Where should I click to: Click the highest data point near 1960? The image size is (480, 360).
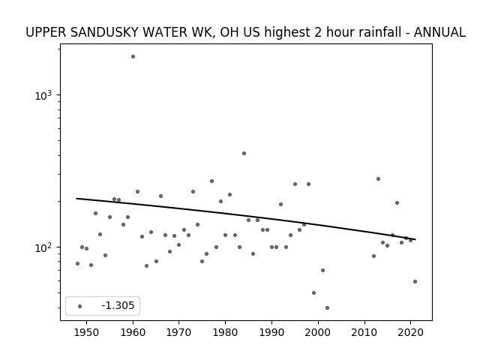[x=133, y=57]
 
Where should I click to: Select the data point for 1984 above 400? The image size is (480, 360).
[x=244, y=153]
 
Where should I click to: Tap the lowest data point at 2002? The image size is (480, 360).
[x=327, y=308]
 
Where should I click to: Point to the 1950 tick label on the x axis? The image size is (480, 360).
[x=87, y=332]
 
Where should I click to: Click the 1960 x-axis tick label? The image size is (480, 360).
[x=133, y=332]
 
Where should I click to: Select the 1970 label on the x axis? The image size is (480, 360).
[x=179, y=332]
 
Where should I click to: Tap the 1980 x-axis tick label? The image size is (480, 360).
[x=225, y=332]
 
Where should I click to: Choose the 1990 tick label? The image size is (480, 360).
[x=271, y=332]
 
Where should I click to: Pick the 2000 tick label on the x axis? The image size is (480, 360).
[x=318, y=332]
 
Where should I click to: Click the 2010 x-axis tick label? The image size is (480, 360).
[x=364, y=332]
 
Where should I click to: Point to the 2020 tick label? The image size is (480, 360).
[x=411, y=332]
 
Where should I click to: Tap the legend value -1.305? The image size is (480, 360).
[x=118, y=305]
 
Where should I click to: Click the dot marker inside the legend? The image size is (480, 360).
[x=80, y=306]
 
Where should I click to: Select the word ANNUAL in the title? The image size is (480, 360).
[x=439, y=32]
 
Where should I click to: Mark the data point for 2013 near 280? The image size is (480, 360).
[x=378, y=178]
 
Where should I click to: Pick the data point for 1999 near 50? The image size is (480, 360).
[x=313, y=293]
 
